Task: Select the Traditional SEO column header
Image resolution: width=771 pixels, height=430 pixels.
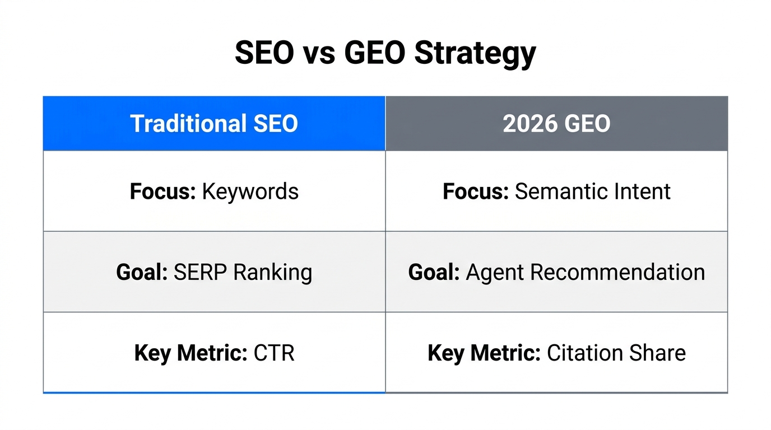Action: pos(214,124)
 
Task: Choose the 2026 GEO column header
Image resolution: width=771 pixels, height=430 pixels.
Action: pos(556,124)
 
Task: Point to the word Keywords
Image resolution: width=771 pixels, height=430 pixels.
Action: pos(250,191)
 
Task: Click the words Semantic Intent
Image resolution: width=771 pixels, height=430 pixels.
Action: pos(592,191)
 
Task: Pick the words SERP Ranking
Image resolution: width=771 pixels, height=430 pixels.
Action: pos(243,272)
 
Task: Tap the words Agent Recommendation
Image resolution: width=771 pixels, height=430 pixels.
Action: pos(585,272)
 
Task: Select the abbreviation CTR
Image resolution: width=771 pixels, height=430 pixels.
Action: pos(274,353)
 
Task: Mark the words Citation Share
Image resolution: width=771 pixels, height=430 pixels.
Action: pos(616,353)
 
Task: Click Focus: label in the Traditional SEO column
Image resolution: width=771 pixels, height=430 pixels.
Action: pos(162,191)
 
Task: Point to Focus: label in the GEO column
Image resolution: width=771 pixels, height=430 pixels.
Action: pos(476,191)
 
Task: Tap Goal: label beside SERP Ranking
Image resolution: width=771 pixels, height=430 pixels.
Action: pos(142,272)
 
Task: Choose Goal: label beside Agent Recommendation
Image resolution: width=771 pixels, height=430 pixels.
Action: pos(434,272)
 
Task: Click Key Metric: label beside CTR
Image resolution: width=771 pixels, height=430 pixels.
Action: pos(191,353)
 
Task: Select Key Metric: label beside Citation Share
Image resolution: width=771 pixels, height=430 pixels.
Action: pos(484,353)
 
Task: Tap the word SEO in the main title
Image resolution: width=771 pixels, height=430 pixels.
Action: pos(263,53)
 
